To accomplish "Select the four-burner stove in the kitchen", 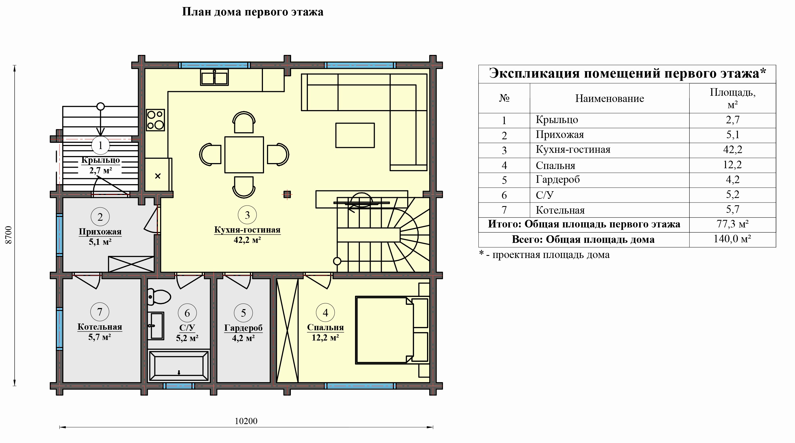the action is tap(155, 120).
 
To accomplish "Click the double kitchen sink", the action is tap(214, 77).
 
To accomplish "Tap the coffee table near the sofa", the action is tap(355, 135).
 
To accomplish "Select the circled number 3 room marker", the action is tap(247, 215).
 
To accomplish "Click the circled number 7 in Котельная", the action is tap(100, 312).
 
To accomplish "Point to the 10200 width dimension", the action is tap(246, 421).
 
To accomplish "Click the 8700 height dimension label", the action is tap(9, 235).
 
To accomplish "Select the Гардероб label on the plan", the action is tap(243, 328).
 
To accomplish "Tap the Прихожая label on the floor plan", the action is tap(100, 232).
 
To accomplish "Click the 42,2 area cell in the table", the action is tap(733, 150).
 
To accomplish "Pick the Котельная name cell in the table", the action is tap(560, 210).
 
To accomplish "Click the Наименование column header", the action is tap(610, 99).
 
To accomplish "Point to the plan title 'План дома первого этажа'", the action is tap(253, 12).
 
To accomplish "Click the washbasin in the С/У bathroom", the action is tap(156, 326).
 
